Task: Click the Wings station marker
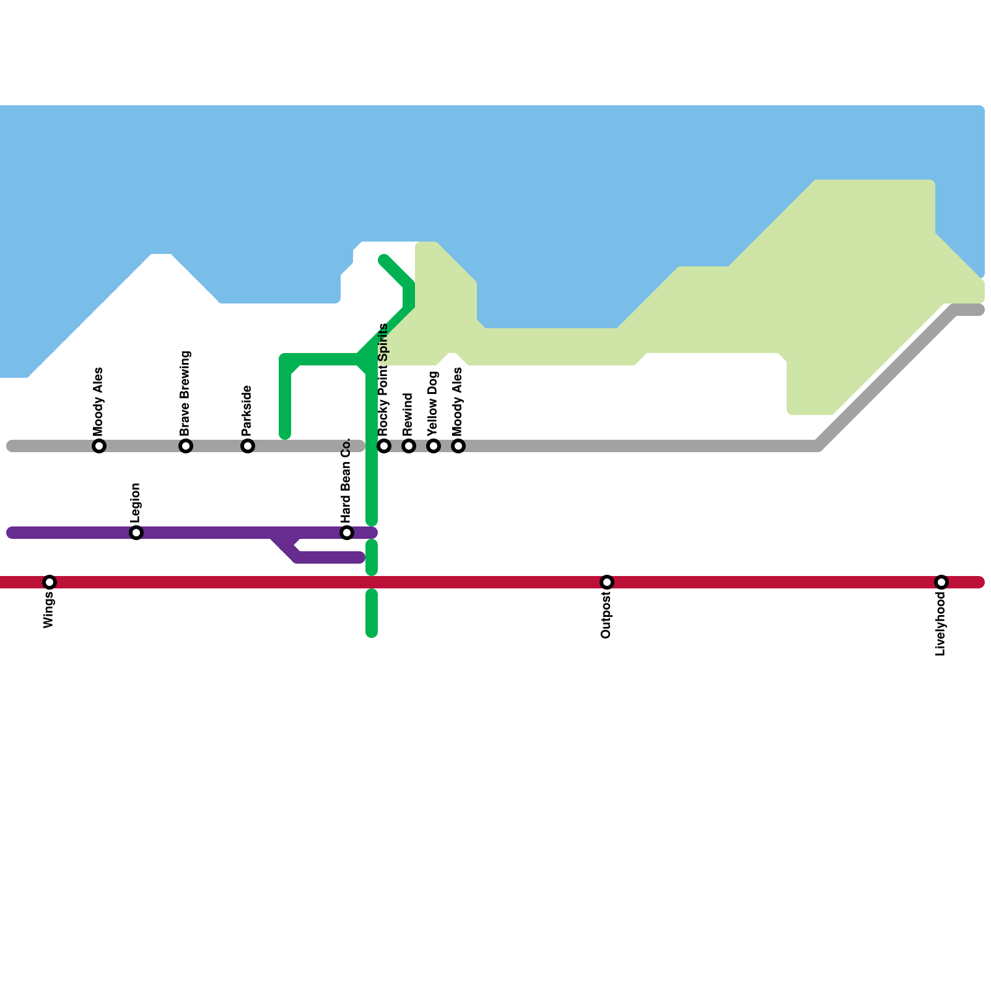[50, 582]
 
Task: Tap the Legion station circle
[136, 533]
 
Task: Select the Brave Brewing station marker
[186, 446]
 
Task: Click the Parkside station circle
[248, 446]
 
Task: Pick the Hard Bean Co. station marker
[347, 533]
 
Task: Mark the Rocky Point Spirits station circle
[384, 446]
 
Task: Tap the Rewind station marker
[409, 446]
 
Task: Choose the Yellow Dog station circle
[434, 446]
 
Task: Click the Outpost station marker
[607, 582]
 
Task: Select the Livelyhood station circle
[941, 582]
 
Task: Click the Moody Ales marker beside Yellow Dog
[458, 446]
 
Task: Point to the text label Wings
[49, 610]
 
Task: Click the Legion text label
[136, 503]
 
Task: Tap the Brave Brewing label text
[185, 393]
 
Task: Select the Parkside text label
[247, 410]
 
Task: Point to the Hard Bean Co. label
[346, 480]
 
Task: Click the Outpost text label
[606, 615]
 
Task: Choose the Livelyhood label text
[941, 624]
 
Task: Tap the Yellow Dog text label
[433, 403]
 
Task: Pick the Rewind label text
[408, 414]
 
